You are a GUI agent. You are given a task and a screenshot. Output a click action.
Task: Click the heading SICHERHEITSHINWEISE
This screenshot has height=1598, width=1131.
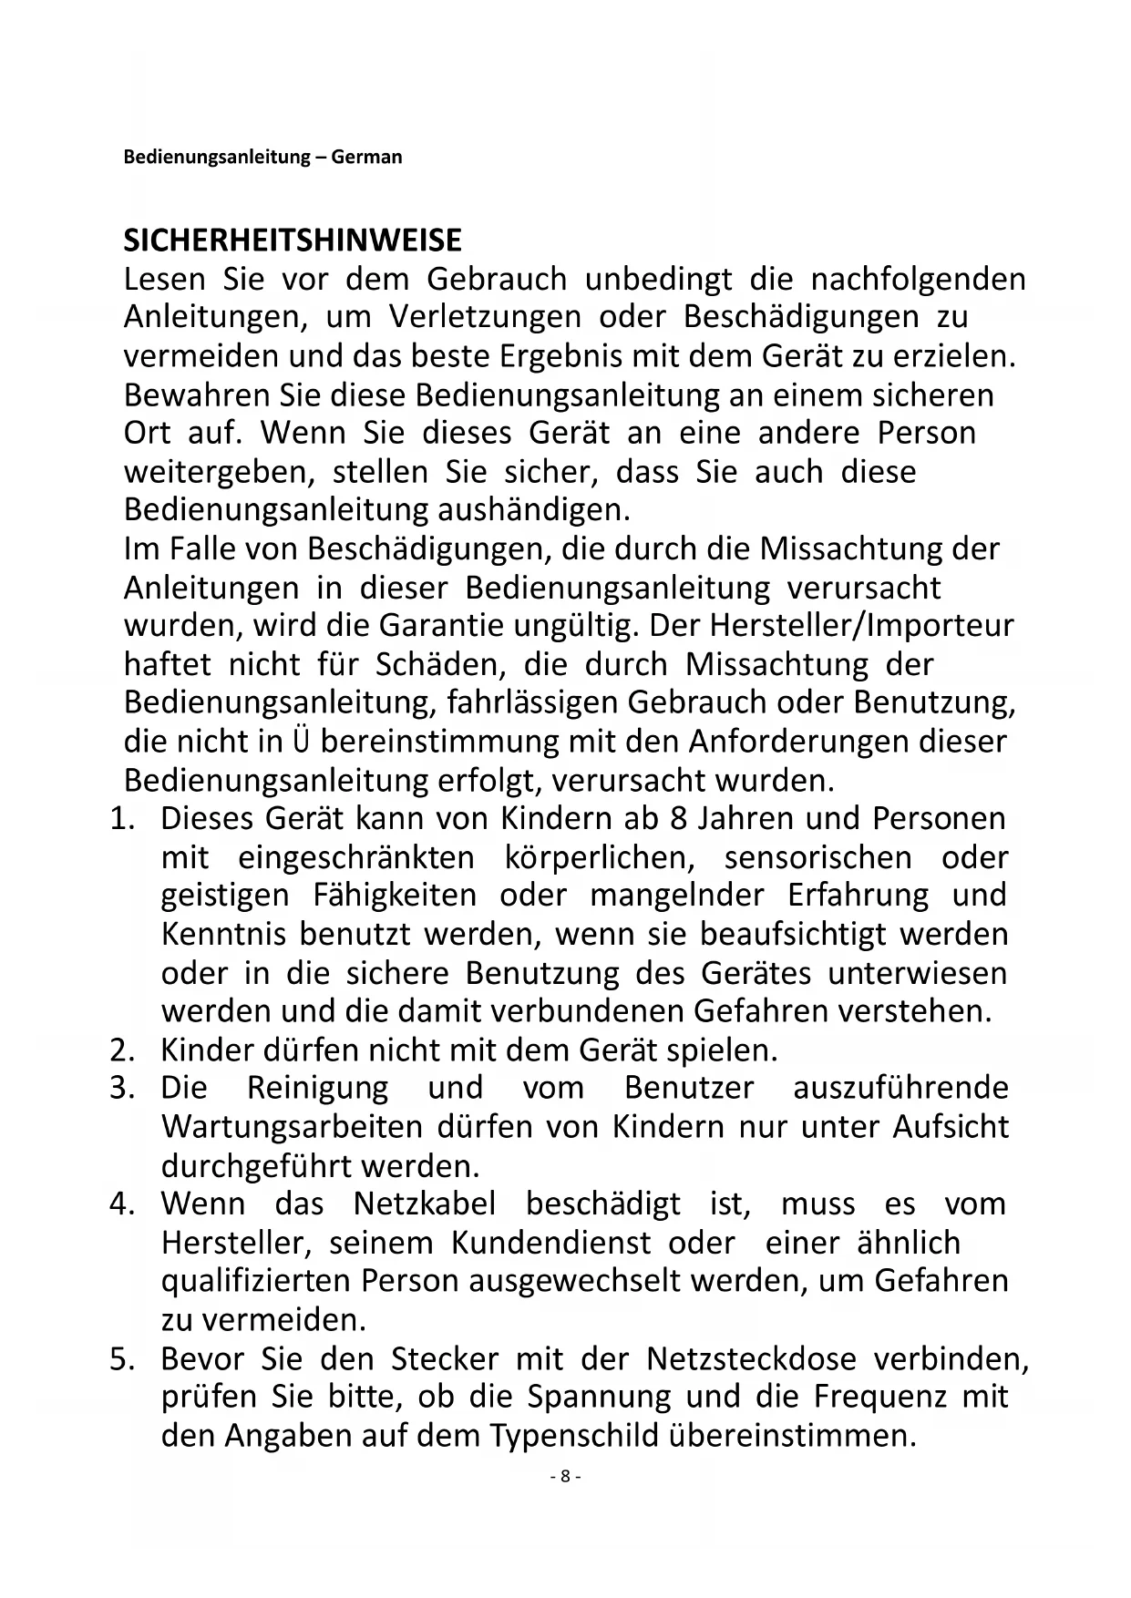click(x=293, y=241)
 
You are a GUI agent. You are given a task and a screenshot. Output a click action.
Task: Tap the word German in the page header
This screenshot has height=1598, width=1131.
click(x=366, y=157)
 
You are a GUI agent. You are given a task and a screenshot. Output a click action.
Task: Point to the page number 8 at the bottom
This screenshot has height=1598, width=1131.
click(x=565, y=1477)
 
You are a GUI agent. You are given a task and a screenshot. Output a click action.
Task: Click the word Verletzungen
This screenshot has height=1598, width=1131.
click(x=485, y=318)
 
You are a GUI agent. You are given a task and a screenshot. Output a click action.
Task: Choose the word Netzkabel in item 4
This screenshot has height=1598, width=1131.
click(x=425, y=1204)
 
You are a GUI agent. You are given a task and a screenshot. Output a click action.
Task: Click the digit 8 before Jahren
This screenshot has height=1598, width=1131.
click(x=678, y=818)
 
